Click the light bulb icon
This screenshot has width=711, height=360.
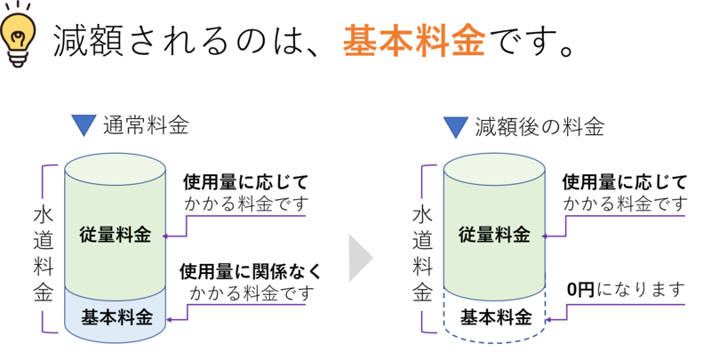click(19, 36)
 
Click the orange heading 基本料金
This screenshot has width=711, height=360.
click(413, 40)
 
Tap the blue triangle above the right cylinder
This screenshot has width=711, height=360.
click(456, 127)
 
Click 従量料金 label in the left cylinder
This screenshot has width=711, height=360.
click(115, 236)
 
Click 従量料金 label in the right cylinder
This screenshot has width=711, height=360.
click(494, 236)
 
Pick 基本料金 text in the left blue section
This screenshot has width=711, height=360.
click(116, 316)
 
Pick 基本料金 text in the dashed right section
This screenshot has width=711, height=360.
click(495, 317)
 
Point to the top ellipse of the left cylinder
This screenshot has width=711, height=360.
click(116, 167)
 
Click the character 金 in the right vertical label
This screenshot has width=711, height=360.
click(422, 292)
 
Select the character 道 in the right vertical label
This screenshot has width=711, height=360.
click(422, 240)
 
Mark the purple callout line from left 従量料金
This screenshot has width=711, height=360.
click(249, 216)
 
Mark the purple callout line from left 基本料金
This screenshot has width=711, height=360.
click(249, 305)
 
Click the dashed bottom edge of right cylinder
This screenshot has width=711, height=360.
click(495, 342)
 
